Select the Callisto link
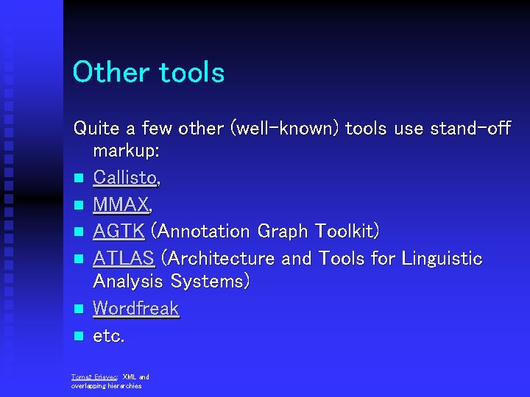[x=124, y=179]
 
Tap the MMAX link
[x=121, y=204]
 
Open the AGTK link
[x=119, y=231]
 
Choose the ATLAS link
[x=123, y=258]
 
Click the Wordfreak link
[x=135, y=308]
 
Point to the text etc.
[x=109, y=336]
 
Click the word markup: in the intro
[x=126, y=152]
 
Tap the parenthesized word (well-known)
[x=285, y=128]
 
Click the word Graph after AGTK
[x=283, y=232]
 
